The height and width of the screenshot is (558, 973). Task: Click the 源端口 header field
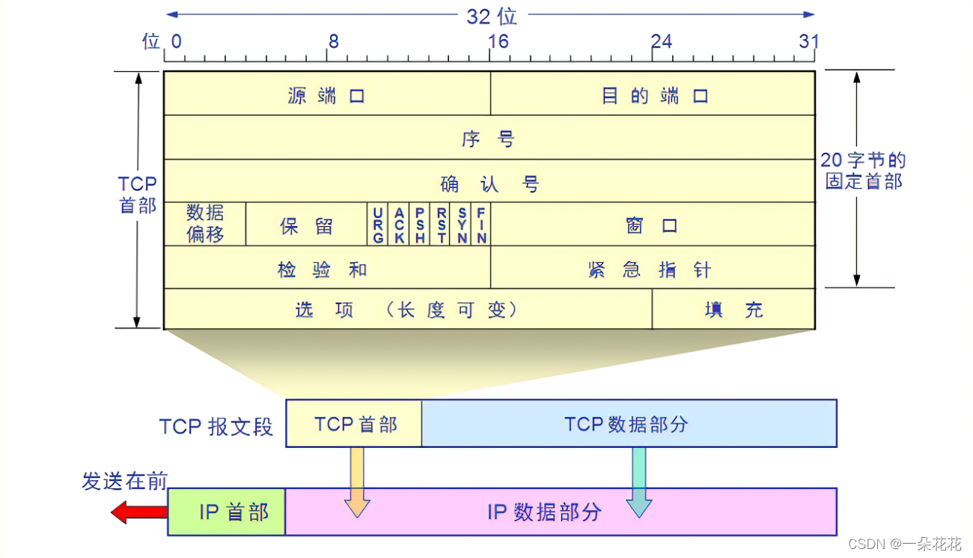pyautogui.click(x=326, y=94)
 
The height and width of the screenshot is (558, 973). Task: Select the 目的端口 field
pyautogui.click(x=653, y=94)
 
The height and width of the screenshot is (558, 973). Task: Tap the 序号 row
pyautogui.click(x=489, y=138)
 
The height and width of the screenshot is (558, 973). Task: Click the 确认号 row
pyautogui.click(x=489, y=182)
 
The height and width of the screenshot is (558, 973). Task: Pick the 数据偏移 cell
pyautogui.click(x=205, y=223)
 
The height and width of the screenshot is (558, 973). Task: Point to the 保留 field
pyautogui.click(x=306, y=225)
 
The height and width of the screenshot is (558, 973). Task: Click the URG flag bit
pyautogui.click(x=378, y=225)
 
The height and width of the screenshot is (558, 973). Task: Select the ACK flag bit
pyautogui.click(x=400, y=225)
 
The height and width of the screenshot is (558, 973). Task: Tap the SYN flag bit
pyautogui.click(x=463, y=225)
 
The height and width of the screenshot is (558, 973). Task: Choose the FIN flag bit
pyautogui.click(x=481, y=225)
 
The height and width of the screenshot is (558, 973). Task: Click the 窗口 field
pyautogui.click(x=653, y=225)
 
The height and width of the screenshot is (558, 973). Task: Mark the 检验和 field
pyautogui.click(x=326, y=268)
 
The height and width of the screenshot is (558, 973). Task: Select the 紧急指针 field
pyautogui.click(x=653, y=268)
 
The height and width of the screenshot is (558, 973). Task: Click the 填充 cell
pyautogui.click(x=733, y=309)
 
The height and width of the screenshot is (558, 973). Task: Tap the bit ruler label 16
pyautogui.click(x=498, y=41)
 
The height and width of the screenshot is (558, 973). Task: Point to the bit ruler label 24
pyautogui.click(x=662, y=41)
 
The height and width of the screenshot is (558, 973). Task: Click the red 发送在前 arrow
pyautogui.click(x=138, y=513)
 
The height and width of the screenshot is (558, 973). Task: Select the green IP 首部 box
pyautogui.click(x=227, y=512)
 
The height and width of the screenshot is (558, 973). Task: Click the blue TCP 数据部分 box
pyautogui.click(x=629, y=423)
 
